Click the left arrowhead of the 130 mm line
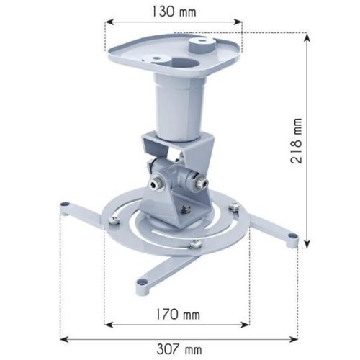(x=108, y=22)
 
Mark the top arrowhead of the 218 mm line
(x=307, y=37)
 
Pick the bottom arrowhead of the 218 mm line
(x=307, y=245)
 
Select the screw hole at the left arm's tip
(x=66, y=206)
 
